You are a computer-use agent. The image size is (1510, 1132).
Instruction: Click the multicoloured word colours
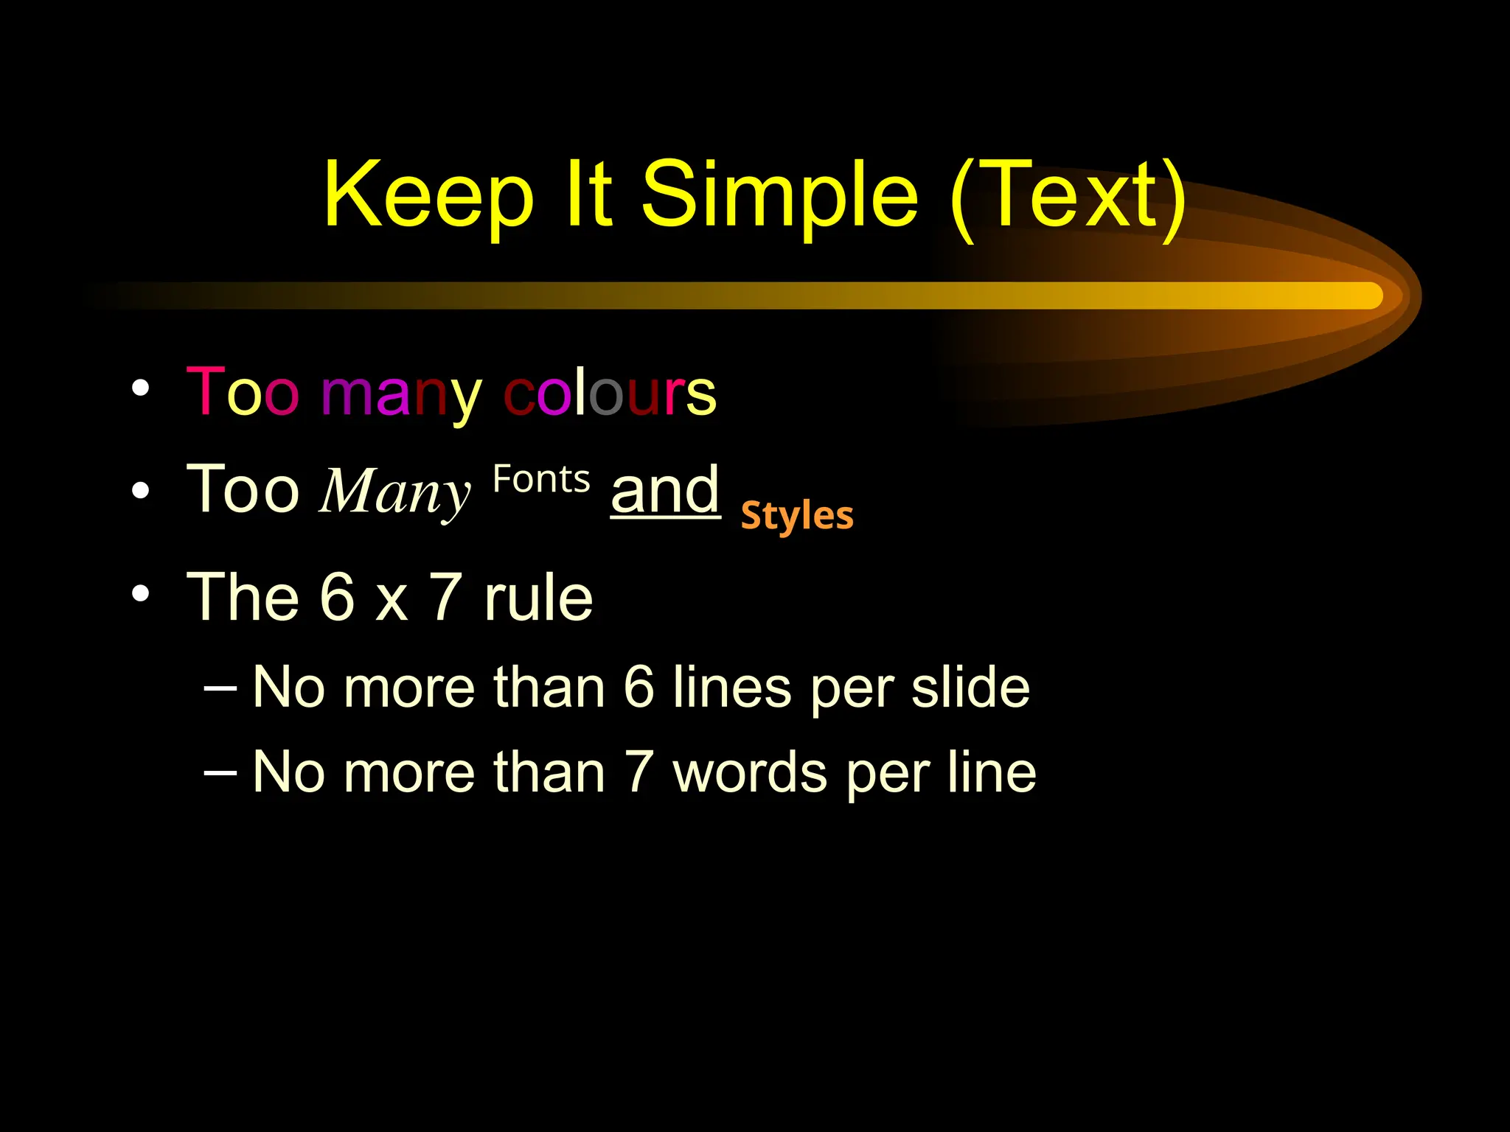point(610,393)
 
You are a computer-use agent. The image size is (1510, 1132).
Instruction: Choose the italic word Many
point(395,492)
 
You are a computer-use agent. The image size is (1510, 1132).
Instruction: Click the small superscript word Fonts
point(541,480)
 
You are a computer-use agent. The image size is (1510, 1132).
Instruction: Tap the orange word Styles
point(797,515)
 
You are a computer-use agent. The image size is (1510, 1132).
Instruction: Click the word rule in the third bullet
point(538,598)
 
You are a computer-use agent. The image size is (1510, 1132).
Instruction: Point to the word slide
point(970,687)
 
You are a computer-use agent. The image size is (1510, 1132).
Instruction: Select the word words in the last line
point(750,772)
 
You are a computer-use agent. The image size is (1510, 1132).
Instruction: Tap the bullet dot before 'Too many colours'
point(141,388)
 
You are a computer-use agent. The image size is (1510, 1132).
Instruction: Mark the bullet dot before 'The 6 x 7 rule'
point(141,593)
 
